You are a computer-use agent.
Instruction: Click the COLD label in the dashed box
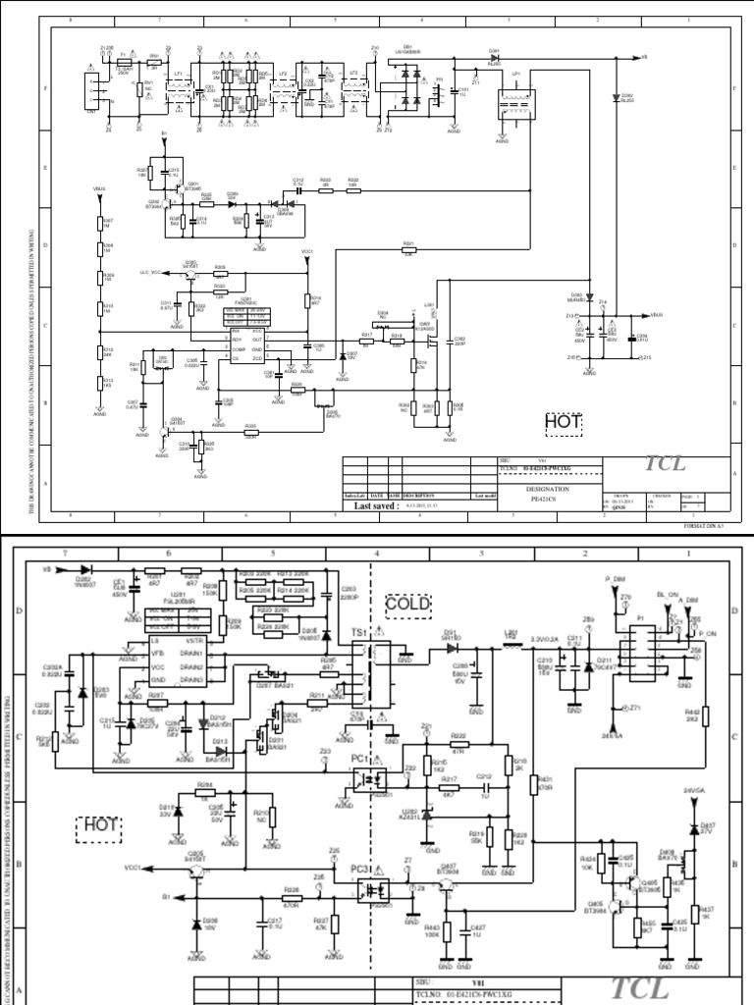[x=408, y=604]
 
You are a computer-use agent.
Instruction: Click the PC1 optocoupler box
[x=370, y=780]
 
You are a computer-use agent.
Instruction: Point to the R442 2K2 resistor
[x=691, y=718]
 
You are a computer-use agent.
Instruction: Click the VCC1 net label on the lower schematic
[x=133, y=868]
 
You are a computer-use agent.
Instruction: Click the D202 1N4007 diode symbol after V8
[x=86, y=568]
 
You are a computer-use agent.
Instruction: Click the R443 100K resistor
[x=446, y=928]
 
